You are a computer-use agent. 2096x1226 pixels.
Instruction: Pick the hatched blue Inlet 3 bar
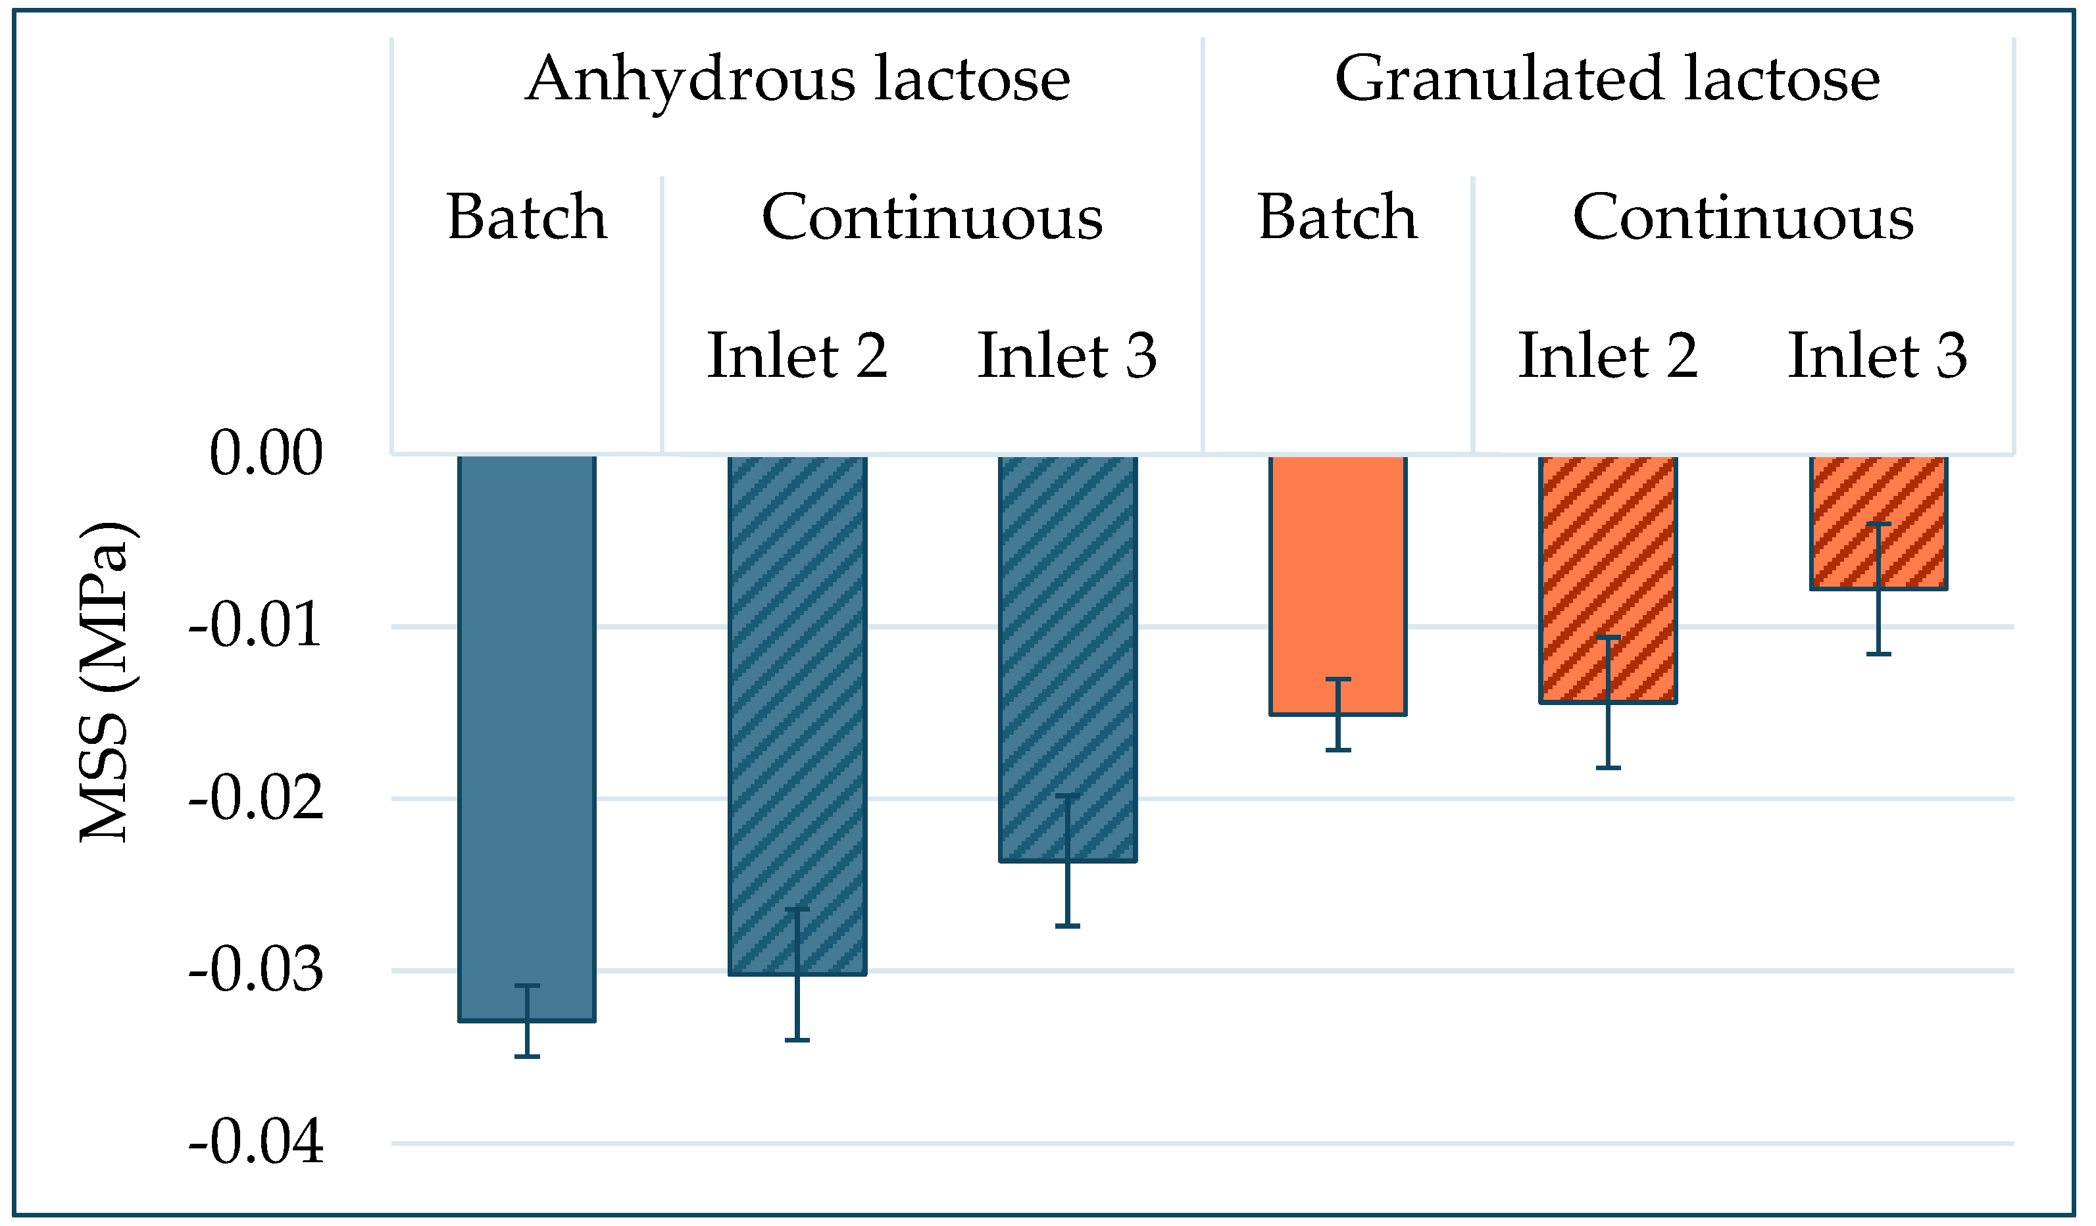pyautogui.click(x=1067, y=657)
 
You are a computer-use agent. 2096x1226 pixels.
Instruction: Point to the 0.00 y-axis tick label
pyautogui.click(x=265, y=454)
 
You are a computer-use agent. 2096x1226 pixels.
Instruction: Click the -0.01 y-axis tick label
pyautogui.click(x=255, y=625)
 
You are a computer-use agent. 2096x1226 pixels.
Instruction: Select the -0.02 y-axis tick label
pyautogui.click(x=255, y=798)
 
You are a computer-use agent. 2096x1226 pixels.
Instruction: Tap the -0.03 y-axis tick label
pyautogui.click(x=255, y=971)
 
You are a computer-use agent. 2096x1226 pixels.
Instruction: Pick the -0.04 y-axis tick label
pyautogui.click(x=255, y=1143)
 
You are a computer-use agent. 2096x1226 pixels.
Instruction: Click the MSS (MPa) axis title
pyautogui.click(x=106, y=682)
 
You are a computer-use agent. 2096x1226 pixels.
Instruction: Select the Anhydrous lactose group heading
pyautogui.click(x=797, y=80)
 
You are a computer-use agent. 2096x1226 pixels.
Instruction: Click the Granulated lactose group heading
pyautogui.click(x=1607, y=80)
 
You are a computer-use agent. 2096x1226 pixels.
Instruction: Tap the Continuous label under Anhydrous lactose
pyautogui.click(x=932, y=218)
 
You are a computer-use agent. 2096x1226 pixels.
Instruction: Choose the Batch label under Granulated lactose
pyautogui.click(x=1337, y=218)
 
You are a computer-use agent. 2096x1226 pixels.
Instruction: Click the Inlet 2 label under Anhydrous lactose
pyautogui.click(x=797, y=356)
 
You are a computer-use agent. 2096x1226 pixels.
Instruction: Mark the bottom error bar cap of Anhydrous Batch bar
pyautogui.click(x=526, y=1056)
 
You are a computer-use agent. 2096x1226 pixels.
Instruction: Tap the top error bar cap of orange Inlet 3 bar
pyautogui.click(x=1878, y=524)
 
